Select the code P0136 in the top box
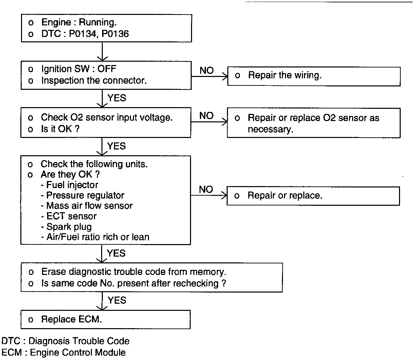click(x=115, y=34)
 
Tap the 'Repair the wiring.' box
click(x=313, y=76)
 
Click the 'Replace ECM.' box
click(x=105, y=319)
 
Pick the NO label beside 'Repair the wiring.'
click(x=207, y=71)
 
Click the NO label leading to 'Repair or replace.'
click(x=206, y=189)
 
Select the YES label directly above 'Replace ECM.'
click(x=117, y=300)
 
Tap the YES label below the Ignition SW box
click(x=117, y=98)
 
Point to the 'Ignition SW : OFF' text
click(x=78, y=69)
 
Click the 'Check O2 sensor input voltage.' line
click(x=107, y=117)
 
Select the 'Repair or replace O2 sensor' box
click(x=313, y=123)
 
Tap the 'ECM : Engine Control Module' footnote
click(x=63, y=353)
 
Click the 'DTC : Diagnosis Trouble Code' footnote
click(x=65, y=341)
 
